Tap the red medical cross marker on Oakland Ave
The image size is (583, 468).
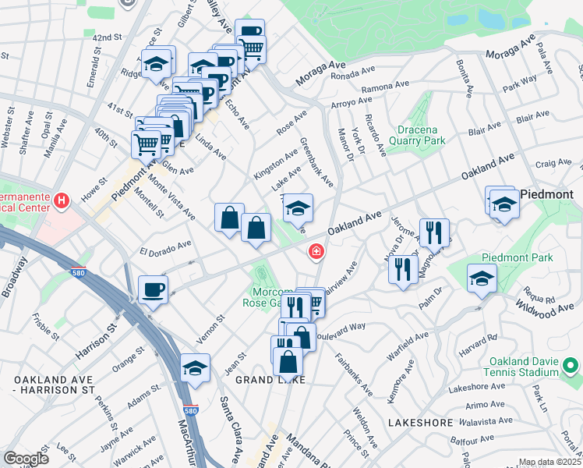click(316, 250)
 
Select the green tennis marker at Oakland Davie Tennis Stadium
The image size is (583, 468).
click(571, 364)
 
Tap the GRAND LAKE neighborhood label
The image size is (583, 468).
click(270, 379)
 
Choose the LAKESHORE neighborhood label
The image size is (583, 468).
click(420, 422)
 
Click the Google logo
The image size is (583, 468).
click(26, 459)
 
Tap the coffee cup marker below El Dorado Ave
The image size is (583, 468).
click(153, 290)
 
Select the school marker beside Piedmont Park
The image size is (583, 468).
click(482, 278)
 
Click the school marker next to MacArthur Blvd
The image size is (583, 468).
click(195, 368)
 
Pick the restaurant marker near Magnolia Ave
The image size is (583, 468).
click(434, 232)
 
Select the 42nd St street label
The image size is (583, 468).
click(108, 37)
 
